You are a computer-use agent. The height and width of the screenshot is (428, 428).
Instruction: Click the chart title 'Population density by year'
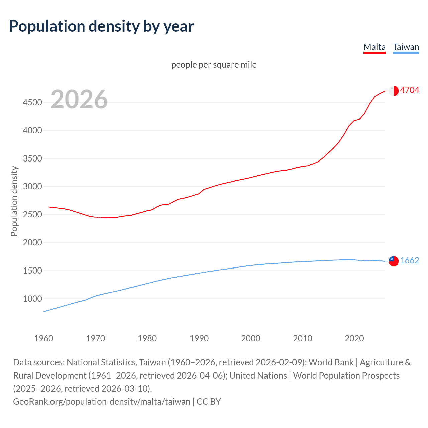coord(101,26)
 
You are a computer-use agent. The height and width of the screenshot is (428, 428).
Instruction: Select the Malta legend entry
coord(374,47)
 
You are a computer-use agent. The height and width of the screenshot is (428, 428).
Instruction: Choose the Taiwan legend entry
coord(406,47)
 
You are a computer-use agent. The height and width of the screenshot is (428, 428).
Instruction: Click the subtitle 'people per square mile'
coord(214,65)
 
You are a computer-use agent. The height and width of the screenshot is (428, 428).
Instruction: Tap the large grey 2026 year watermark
coord(79,99)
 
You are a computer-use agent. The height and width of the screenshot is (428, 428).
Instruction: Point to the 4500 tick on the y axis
coord(32,102)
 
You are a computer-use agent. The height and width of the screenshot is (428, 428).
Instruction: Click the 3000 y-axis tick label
coord(32,187)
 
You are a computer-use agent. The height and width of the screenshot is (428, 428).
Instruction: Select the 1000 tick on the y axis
coord(32,299)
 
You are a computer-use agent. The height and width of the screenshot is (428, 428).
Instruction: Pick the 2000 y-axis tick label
coord(32,242)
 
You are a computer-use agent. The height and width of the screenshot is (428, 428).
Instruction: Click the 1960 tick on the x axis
coord(44,338)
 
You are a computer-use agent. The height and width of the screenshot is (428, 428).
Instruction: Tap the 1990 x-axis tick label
coord(199,338)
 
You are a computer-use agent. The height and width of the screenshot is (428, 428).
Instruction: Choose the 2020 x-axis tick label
coord(354,338)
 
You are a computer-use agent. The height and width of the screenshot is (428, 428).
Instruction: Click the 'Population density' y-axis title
coord(14,201)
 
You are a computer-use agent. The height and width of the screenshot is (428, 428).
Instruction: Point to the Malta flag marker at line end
coord(394,91)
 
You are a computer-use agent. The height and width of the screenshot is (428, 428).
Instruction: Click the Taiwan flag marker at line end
coord(394,261)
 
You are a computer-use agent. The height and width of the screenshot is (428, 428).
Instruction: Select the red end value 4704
coord(409,90)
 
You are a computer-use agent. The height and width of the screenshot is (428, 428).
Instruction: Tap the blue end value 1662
coord(409,260)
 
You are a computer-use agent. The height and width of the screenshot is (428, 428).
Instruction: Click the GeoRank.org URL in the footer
coord(101,401)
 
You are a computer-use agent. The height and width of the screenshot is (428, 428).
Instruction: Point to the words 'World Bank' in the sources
coord(331,362)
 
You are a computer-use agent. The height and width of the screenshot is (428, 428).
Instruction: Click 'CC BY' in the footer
coord(209,401)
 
